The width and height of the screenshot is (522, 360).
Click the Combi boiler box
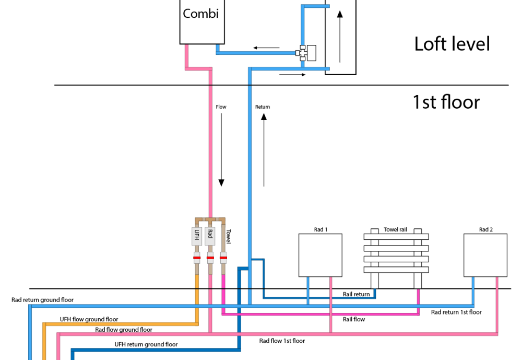click(x=202, y=22)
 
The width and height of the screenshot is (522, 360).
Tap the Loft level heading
click(x=452, y=44)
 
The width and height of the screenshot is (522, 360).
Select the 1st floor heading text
click(x=446, y=102)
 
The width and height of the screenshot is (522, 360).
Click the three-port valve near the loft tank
click(x=305, y=53)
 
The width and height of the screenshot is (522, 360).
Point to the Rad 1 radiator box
click(x=321, y=255)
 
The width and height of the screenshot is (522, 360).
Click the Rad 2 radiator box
click(x=485, y=255)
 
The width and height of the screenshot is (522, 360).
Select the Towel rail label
click(x=395, y=229)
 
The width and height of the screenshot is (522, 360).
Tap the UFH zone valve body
click(x=197, y=236)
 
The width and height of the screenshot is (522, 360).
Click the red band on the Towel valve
click(x=223, y=258)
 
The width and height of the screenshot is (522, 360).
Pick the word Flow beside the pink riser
click(x=221, y=107)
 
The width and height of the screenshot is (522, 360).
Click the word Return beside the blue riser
click(x=263, y=107)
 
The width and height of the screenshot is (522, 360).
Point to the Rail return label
click(x=356, y=294)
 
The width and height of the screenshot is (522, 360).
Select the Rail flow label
click(x=354, y=319)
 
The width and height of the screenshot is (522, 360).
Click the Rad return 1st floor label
click(x=456, y=312)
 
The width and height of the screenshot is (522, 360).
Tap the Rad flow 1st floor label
click(x=282, y=341)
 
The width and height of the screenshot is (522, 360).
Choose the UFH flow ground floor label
click(x=89, y=319)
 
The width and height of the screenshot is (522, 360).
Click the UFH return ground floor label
click(x=146, y=344)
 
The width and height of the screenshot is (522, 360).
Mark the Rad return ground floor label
click(x=43, y=300)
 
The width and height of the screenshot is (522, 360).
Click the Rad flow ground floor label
click(x=124, y=330)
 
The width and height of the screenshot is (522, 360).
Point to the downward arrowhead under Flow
click(x=221, y=183)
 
